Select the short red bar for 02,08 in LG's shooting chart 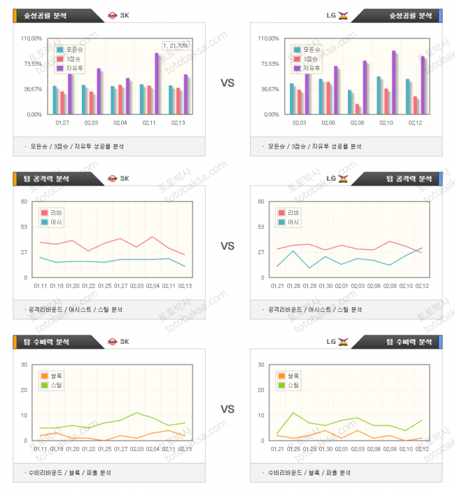pos(357,109)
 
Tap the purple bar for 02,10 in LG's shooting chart pos(394,82)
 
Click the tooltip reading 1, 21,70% pos(175,46)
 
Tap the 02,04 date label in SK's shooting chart pos(120,123)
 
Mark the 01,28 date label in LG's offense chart pos(309,286)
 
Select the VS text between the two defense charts pos(227,409)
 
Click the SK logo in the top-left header pos(112,342)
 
